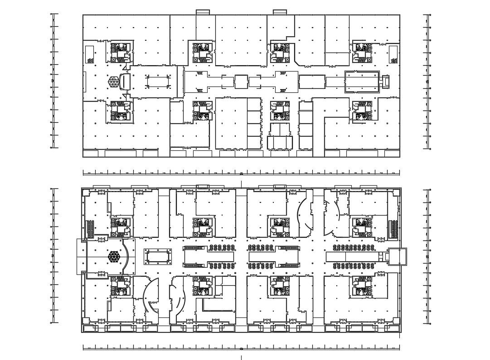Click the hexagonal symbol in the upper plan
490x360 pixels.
coord(113,82)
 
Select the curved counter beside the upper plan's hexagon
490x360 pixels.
coord(125,82)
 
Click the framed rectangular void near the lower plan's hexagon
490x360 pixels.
coord(158,256)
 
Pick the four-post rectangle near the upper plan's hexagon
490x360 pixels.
coord(157,82)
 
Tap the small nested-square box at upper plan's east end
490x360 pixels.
coord(386,82)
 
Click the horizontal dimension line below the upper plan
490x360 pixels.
coord(241,173)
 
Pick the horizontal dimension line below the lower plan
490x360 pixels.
coord(241,348)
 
